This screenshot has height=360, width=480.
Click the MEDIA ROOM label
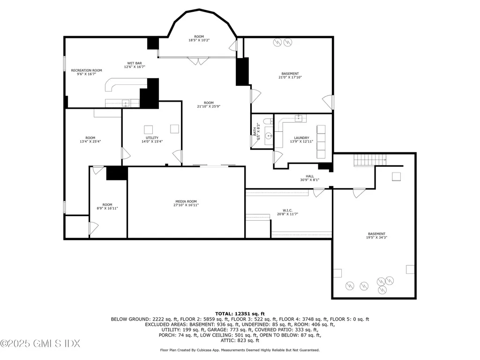pyautogui.click(x=187, y=201)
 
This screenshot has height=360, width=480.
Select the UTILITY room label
pyautogui.click(x=152, y=138)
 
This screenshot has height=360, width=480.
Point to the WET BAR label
pyautogui.click(x=135, y=63)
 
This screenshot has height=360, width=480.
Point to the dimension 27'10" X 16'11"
pyautogui.click(x=187, y=205)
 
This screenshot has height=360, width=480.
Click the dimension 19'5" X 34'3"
pyautogui.click(x=376, y=238)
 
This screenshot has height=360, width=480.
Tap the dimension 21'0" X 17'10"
pyautogui.click(x=290, y=77)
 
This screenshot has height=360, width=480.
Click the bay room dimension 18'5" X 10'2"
pyautogui.click(x=199, y=40)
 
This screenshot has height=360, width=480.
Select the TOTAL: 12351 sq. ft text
pyautogui.click(x=240, y=313)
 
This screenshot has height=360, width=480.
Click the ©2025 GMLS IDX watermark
pyautogui.click(x=34, y=344)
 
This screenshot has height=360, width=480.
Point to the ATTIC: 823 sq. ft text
pyautogui.click(x=240, y=341)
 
